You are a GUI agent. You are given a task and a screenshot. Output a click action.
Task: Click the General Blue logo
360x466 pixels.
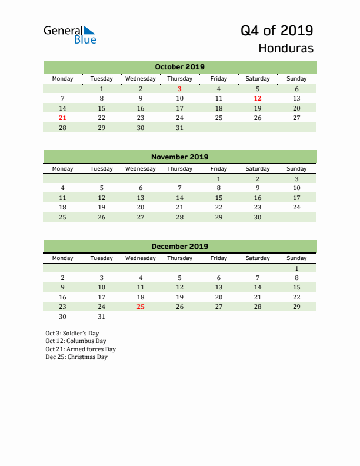pos(69,34)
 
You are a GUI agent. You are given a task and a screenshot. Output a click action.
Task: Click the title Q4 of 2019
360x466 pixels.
pos(277,30)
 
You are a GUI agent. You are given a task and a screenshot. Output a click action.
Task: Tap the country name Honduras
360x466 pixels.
pos(286,48)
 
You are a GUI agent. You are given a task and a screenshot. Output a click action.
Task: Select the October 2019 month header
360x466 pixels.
pos(179,67)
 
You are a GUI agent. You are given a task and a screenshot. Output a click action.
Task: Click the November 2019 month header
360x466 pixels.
pos(179,157)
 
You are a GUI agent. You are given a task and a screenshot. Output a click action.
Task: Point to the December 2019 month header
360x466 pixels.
pos(179,247)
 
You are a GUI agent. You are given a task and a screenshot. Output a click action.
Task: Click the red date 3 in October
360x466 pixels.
pos(179,89)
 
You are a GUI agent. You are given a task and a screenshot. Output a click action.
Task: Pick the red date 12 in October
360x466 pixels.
pos(258,99)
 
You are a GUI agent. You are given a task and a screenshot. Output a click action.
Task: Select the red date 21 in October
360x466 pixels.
pos(63,118)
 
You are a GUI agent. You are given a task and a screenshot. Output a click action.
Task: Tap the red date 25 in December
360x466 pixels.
pos(141,307)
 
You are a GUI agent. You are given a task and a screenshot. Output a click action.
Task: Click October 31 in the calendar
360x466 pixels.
pos(179,128)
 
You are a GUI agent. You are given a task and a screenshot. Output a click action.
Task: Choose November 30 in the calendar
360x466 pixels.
pos(258,217)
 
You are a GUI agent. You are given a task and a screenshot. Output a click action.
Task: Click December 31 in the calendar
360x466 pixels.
pos(102,317)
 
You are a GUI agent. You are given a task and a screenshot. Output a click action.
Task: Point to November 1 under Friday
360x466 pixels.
pos(219,179)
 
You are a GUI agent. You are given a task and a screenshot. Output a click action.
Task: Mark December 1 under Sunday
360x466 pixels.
pos(296,268)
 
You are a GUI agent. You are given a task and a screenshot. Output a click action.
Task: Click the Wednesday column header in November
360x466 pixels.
pos(141,168)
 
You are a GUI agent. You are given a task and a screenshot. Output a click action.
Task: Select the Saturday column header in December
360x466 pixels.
pos(258,258)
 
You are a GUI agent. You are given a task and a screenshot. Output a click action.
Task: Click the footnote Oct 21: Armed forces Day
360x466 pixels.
pos(81,349)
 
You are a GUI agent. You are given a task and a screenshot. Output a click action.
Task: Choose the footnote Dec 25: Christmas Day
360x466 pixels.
pos(76,357)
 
